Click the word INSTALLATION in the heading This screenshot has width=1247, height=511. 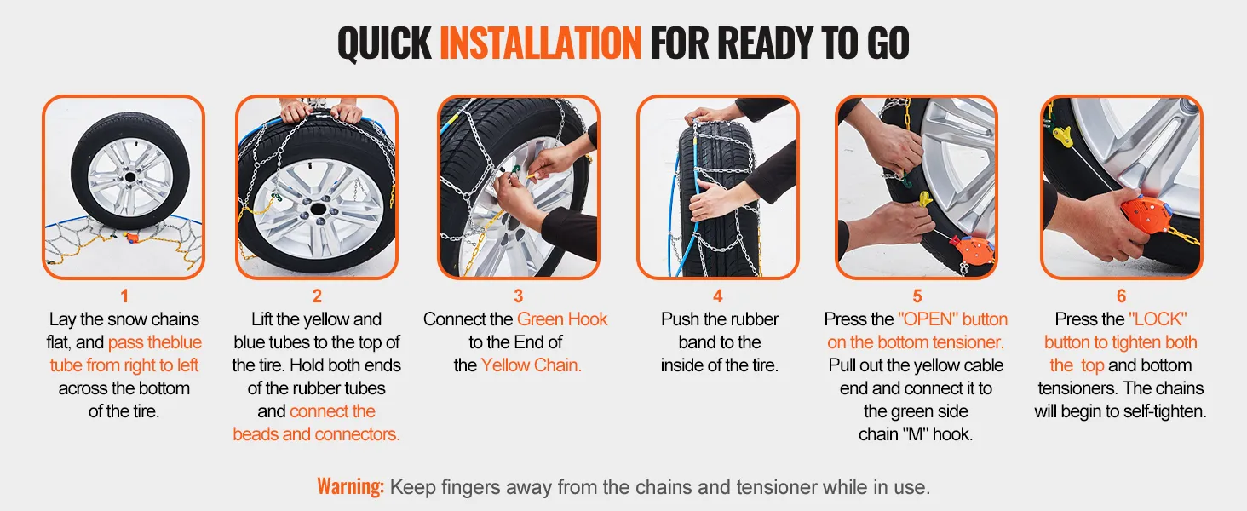click(x=540, y=43)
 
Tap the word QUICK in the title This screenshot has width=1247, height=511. click(x=384, y=43)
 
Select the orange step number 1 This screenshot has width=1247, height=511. click(x=124, y=296)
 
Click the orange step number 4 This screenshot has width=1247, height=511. click(x=717, y=296)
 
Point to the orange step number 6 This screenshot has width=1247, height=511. click(x=1121, y=296)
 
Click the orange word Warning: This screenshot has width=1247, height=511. click(x=350, y=486)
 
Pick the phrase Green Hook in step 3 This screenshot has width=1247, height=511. click(x=561, y=319)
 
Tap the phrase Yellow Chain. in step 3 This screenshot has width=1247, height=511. click(x=532, y=365)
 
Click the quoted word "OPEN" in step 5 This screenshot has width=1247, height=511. click(x=928, y=319)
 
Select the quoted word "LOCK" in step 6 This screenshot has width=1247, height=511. click(x=1158, y=319)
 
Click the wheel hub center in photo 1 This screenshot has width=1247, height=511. click(x=129, y=177)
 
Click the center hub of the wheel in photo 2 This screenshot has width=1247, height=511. click(x=318, y=210)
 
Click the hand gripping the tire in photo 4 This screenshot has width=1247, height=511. click(x=712, y=200)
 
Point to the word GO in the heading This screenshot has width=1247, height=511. click(x=888, y=43)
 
